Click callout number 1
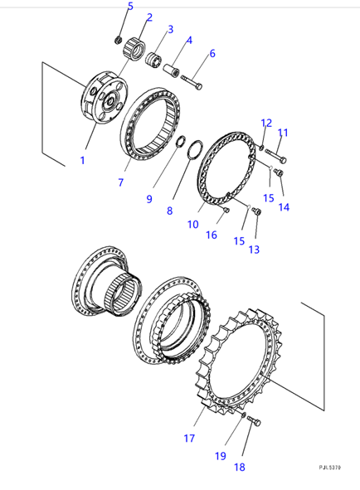(82, 159)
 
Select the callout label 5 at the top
(129, 7)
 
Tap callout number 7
(121, 181)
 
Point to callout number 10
(193, 224)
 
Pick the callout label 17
(189, 438)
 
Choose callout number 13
(253, 250)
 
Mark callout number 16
(211, 235)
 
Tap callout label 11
(282, 132)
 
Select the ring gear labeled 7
(153, 124)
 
